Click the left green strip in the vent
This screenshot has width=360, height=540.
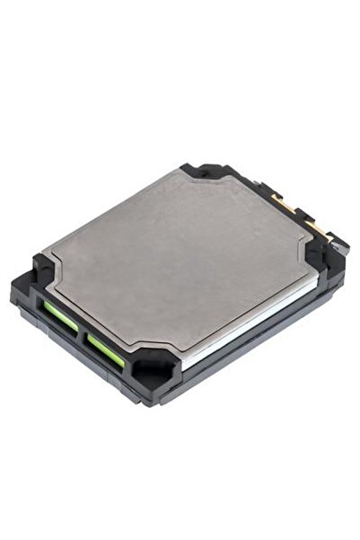pyautogui.click(x=59, y=315)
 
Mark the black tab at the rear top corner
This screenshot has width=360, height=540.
pyautogui.click(x=199, y=170)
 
